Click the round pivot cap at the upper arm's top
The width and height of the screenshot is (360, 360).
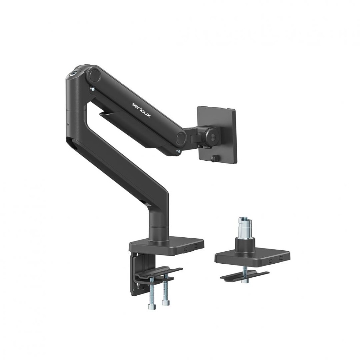coord(94,75)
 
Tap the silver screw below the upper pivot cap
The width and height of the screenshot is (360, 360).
coord(92,89)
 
